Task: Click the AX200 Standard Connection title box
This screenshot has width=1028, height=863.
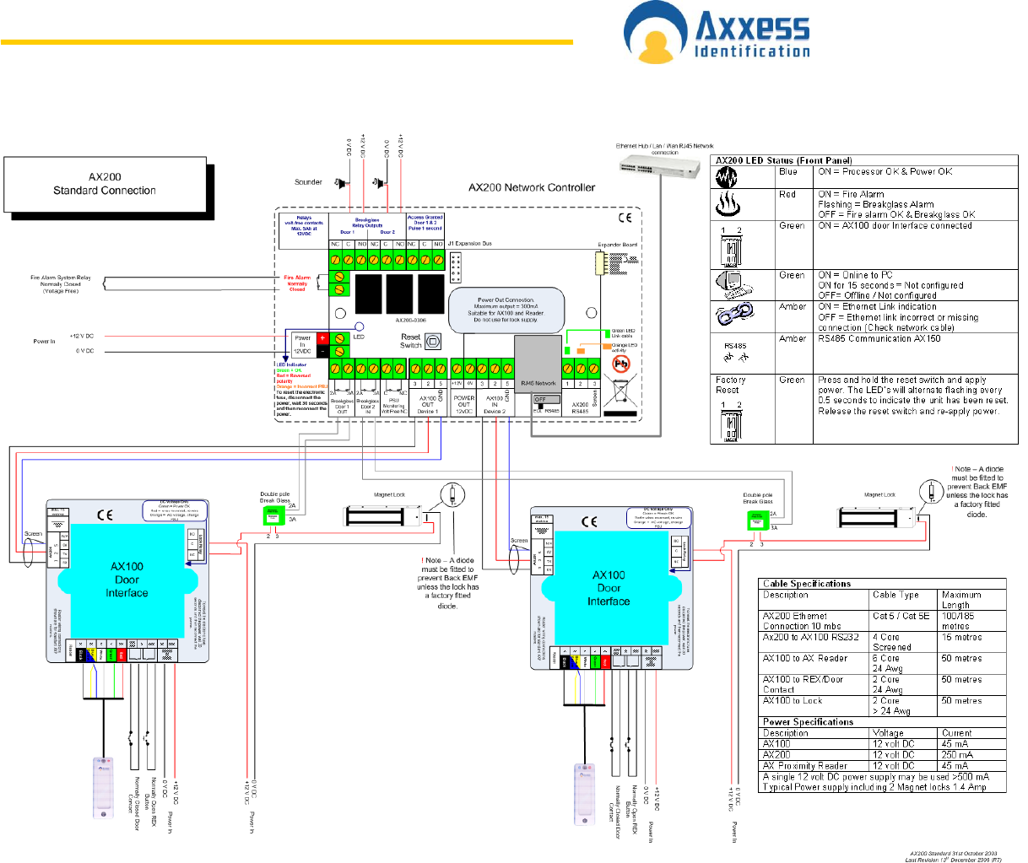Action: point(105,184)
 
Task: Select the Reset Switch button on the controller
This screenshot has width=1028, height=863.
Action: point(432,341)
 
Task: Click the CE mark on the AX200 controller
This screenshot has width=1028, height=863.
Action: point(625,218)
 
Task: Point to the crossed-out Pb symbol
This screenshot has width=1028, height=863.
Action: point(620,363)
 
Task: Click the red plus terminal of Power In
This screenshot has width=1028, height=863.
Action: point(322,338)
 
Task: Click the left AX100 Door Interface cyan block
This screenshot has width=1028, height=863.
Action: point(127,580)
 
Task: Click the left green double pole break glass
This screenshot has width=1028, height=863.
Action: point(273,515)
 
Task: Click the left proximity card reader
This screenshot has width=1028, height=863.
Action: point(103,787)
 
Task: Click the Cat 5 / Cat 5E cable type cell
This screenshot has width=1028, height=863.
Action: point(901,616)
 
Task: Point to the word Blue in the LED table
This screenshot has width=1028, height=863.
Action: point(787,171)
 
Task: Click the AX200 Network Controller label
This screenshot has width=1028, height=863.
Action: point(532,187)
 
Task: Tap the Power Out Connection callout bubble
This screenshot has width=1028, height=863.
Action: point(506,310)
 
